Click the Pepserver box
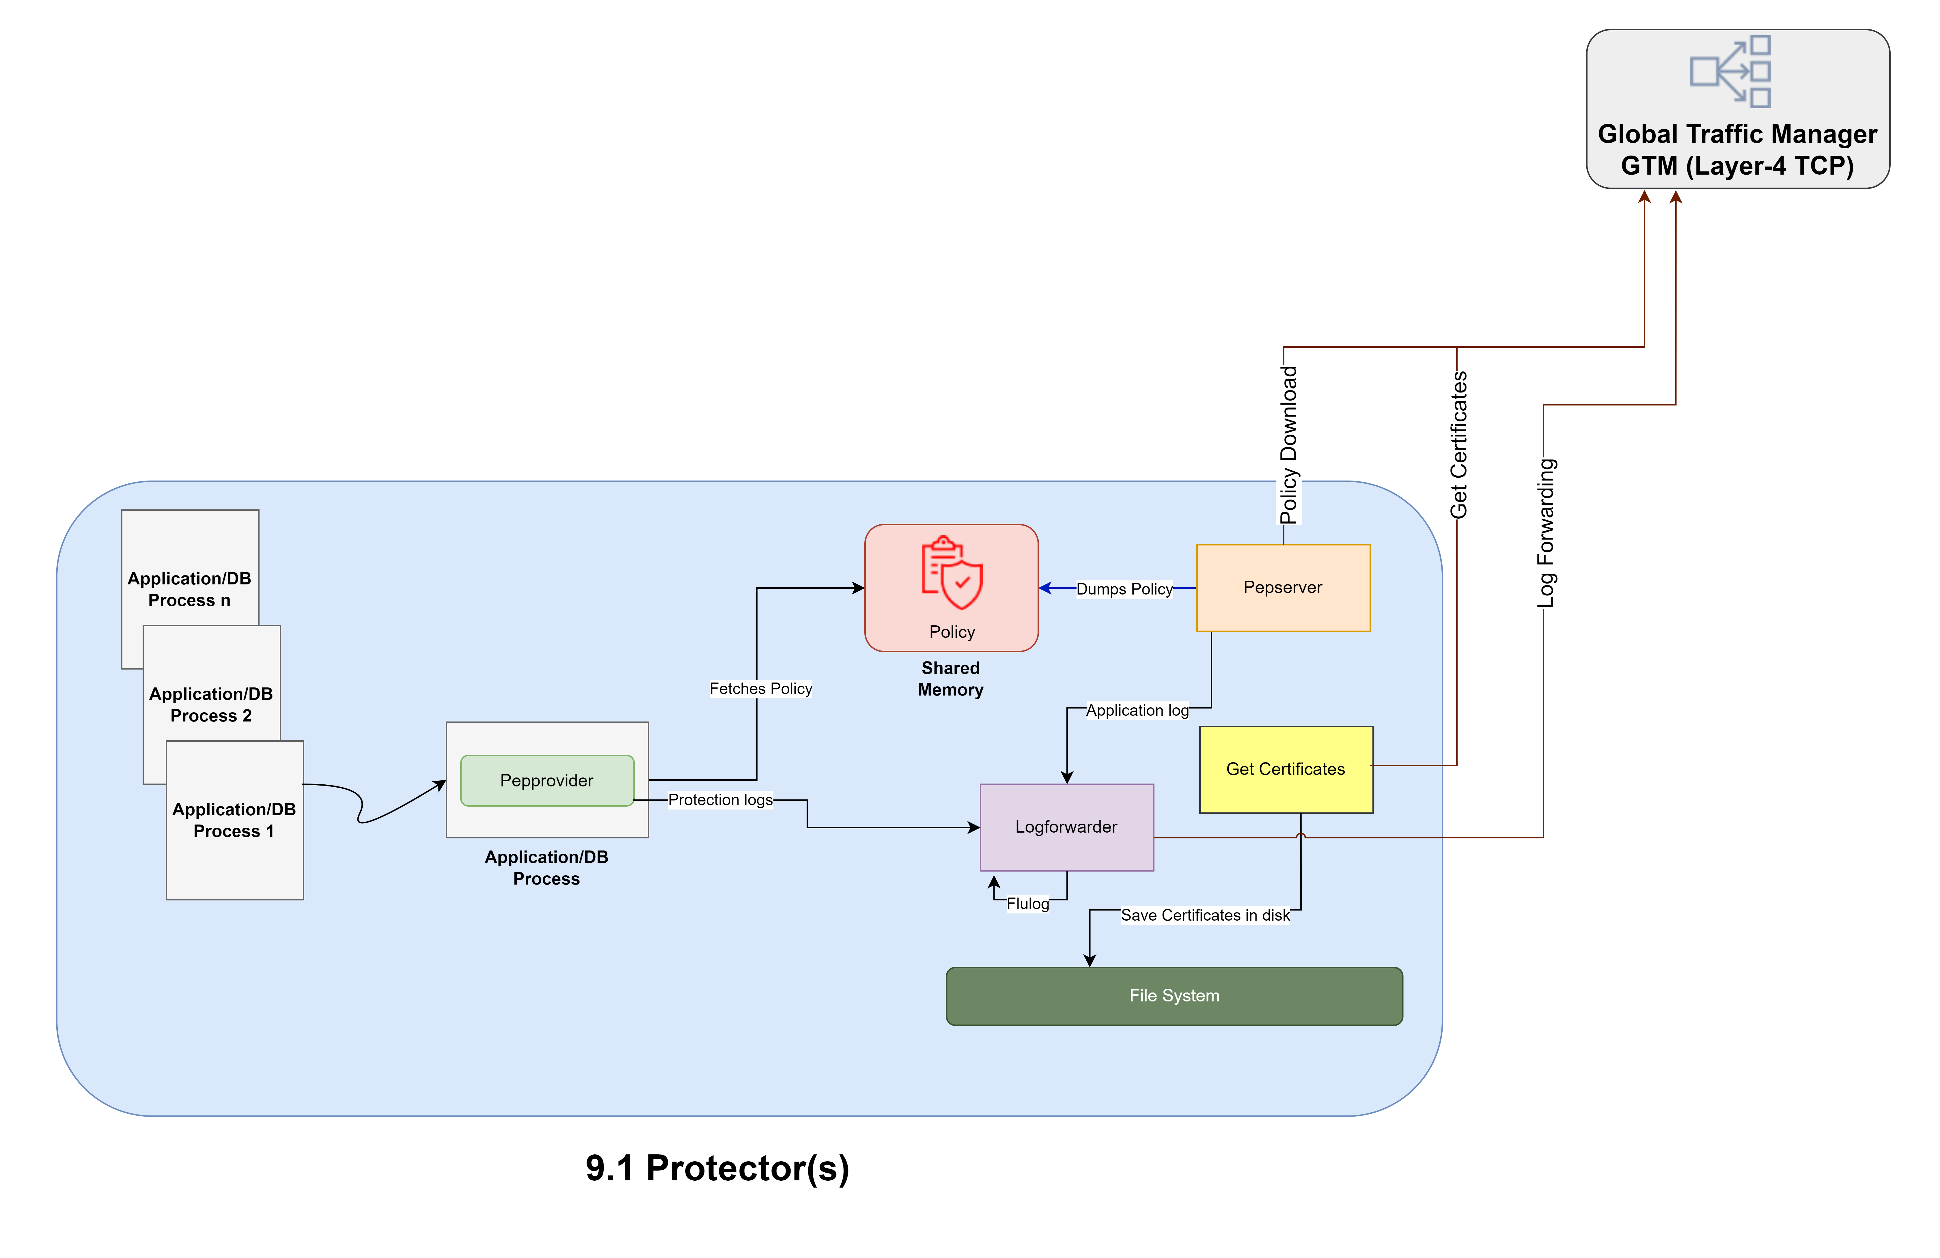pos(1282,588)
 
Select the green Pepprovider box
pos(546,781)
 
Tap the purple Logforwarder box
pos(1066,827)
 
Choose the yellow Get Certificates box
pos(1286,769)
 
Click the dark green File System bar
pos(1174,996)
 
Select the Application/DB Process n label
pos(189,589)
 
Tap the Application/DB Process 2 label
pos(211,705)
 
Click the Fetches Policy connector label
pos(760,689)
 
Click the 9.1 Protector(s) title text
pos(717,1168)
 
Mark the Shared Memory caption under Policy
pos(950,679)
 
